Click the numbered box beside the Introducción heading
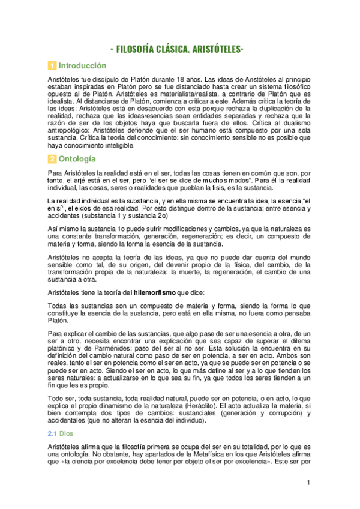(x=52, y=66)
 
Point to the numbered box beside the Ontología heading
(x=52, y=160)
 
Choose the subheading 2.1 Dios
(x=61, y=432)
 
